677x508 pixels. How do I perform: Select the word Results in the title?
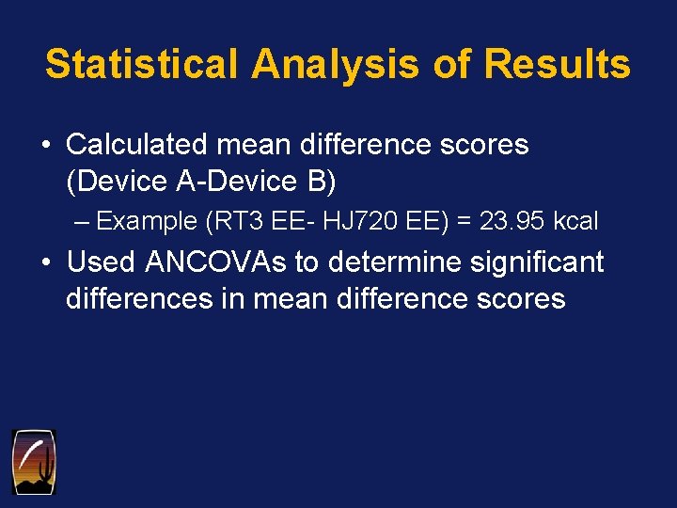(558, 64)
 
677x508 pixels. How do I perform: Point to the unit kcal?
(575, 222)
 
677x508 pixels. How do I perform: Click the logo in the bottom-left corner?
(33, 461)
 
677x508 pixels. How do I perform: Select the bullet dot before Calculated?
(45, 146)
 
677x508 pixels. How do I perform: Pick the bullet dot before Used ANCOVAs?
(45, 263)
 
